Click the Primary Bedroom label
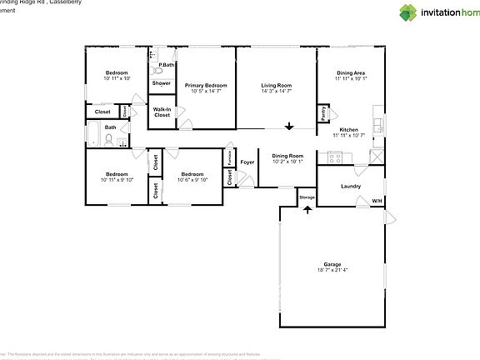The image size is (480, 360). click(206, 86)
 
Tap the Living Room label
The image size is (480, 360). click(276, 86)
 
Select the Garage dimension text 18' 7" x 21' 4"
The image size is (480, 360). click(332, 270)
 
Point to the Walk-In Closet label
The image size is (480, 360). click(162, 112)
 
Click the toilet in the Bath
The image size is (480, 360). click(108, 139)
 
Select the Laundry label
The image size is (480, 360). click(351, 186)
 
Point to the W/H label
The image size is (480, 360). click(376, 201)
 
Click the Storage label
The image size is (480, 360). click(307, 197)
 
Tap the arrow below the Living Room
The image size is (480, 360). click(289, 127)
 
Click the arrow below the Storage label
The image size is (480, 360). click(307, 209)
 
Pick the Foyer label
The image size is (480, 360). click(247, 162)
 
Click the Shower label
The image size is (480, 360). click(162, 83)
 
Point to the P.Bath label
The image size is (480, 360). click(167, 64)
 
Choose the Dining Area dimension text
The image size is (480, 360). click(350, 79)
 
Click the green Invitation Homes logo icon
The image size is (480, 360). click(407, 12)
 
